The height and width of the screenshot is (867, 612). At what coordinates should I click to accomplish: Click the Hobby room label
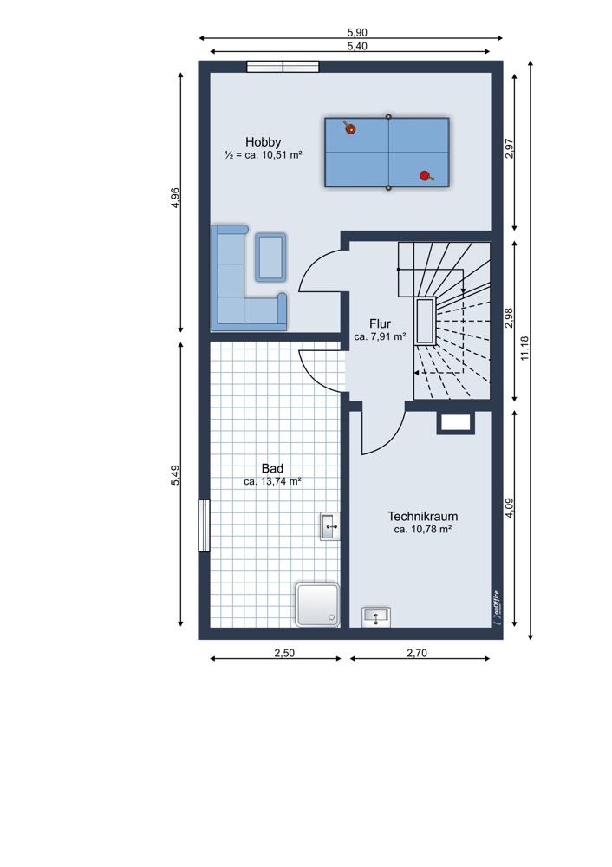(264, 142)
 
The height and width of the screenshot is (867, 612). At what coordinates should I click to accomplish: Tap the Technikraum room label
(423, 517)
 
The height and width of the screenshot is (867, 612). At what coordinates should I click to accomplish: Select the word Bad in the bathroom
(272, 469)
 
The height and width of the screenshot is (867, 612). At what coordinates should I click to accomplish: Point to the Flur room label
(381, 324)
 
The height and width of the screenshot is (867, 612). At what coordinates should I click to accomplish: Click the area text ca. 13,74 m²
(272, 481)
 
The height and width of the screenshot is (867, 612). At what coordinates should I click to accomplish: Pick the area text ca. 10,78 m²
(423, 529)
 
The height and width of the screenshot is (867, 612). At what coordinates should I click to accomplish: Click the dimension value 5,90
(357, 33)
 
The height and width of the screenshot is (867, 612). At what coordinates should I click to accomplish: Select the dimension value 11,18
(524, 349)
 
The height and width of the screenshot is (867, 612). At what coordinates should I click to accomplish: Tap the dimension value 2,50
(284, 653)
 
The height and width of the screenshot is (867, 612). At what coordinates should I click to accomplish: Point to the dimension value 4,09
(509, 508)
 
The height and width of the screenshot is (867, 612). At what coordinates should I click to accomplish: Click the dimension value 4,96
(175, 198)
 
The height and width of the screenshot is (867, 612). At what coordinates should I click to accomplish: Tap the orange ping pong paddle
(348, 127)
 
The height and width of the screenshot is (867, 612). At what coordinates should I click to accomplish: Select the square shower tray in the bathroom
(317, 603)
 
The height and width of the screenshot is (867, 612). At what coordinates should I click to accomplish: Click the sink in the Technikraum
(376, 617)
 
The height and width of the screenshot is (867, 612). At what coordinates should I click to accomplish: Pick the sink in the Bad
(330, 526)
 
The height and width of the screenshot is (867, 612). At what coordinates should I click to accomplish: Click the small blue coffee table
(270, 257)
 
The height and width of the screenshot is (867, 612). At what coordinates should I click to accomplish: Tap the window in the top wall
(283, 67)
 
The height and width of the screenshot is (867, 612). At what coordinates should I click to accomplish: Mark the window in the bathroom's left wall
(204, 525)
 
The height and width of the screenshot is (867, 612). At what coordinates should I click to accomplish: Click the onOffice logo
(496, 608)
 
